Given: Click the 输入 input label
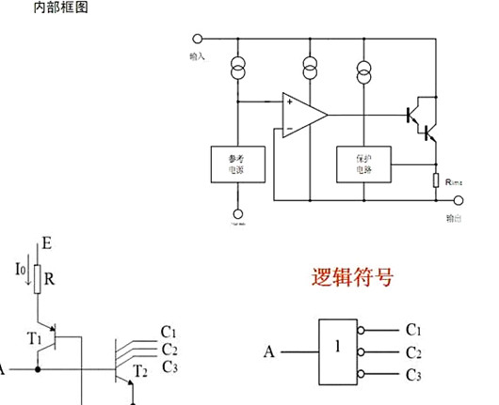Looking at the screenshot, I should coord(198,56).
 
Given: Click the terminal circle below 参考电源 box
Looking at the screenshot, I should coord(236,213).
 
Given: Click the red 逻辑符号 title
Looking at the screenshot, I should coord(352,278).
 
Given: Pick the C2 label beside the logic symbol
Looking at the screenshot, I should coord(412,353).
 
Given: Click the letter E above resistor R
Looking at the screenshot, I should coord(47,243).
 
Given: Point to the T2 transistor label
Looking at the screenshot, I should coord(141,370).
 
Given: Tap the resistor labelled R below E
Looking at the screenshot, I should coord(38,278).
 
